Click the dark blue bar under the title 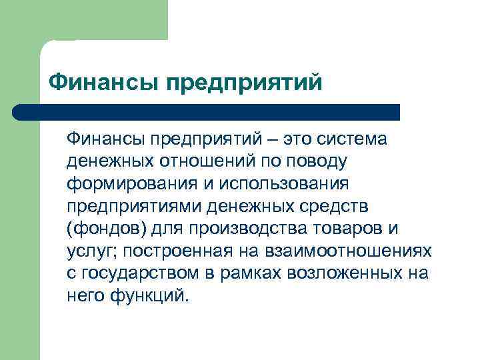[207, 112]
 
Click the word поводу [315, 162]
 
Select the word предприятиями [134, 206]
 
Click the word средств [332, 206]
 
